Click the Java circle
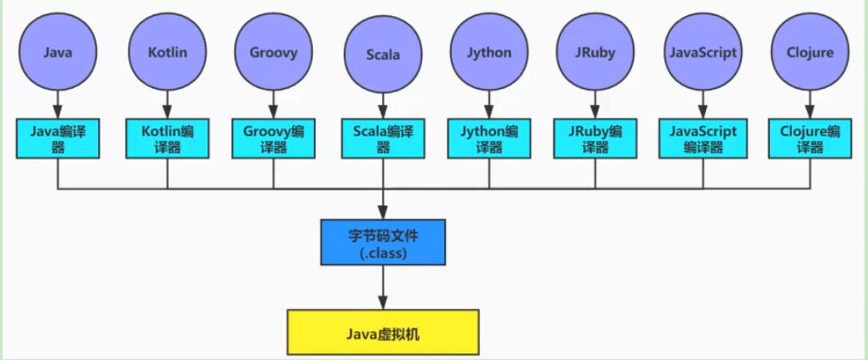point(57,53)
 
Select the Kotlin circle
point(166,53)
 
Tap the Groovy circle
point(274,53)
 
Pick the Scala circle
point(382,55)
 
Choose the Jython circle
point(489,53)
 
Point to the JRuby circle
point(595,53)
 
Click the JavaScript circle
point(703,53)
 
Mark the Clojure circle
point(810,53)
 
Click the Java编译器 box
point(58,138)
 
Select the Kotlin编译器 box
point(166,138)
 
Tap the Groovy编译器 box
point(274,138)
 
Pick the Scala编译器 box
point(382,138)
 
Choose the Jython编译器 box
point(489,138)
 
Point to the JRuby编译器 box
point(595,138)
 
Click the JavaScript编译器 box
point(703,138)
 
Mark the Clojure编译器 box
point(810,138)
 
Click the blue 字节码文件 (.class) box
point(382,241)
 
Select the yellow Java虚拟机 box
point(382,334)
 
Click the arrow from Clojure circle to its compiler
point(810,105)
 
